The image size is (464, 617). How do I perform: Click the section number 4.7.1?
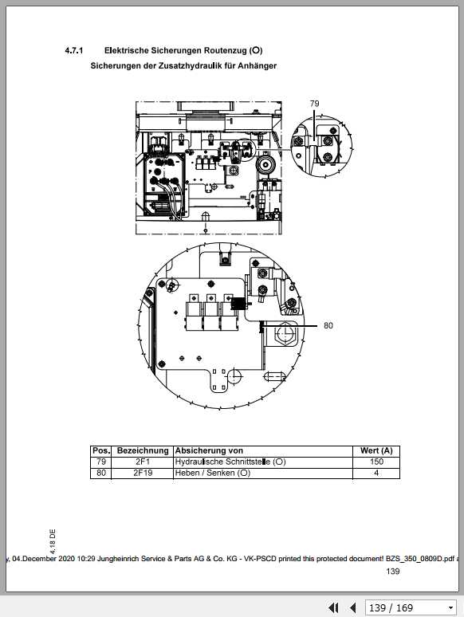click(x=76, y=50)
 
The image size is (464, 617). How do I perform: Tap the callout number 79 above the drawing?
click(x=314, y=104)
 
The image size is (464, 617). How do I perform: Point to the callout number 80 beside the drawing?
click(x=328, y=325)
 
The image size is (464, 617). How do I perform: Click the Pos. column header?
click(x=101, y=451)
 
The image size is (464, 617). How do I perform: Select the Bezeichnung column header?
click(x=143, y=451)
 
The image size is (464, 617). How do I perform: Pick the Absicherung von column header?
click(x=209, y=451)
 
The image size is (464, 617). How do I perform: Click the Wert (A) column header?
click(x=376, y=451)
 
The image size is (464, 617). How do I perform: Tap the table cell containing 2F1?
click(x=143, y=462)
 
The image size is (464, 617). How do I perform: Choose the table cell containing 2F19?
click(x=143, y=473)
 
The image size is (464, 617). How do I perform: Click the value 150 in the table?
click(x=376, y=462)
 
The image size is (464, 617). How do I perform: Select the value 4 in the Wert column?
click(x=376, y=473)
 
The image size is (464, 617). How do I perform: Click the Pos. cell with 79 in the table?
click(x=101, y=462)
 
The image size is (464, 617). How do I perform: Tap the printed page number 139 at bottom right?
click(x=393, y=572)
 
